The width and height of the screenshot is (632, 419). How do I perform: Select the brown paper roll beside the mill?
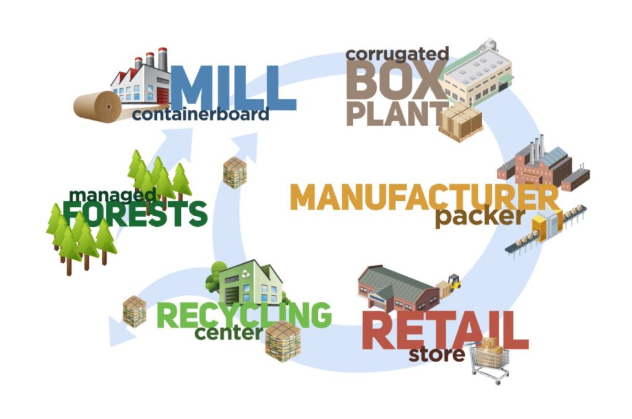pos(99,106)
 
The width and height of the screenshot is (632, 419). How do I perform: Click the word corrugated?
pos(396,54)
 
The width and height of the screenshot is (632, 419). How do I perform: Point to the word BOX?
pos(393,82)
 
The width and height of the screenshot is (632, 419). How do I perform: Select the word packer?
pos(480,218)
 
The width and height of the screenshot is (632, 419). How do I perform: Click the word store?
pos(436,355)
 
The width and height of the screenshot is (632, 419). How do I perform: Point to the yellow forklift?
pos(453,282)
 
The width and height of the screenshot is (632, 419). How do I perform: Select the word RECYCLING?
pos(244,314)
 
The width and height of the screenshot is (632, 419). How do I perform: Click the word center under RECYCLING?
pos(228,334)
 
